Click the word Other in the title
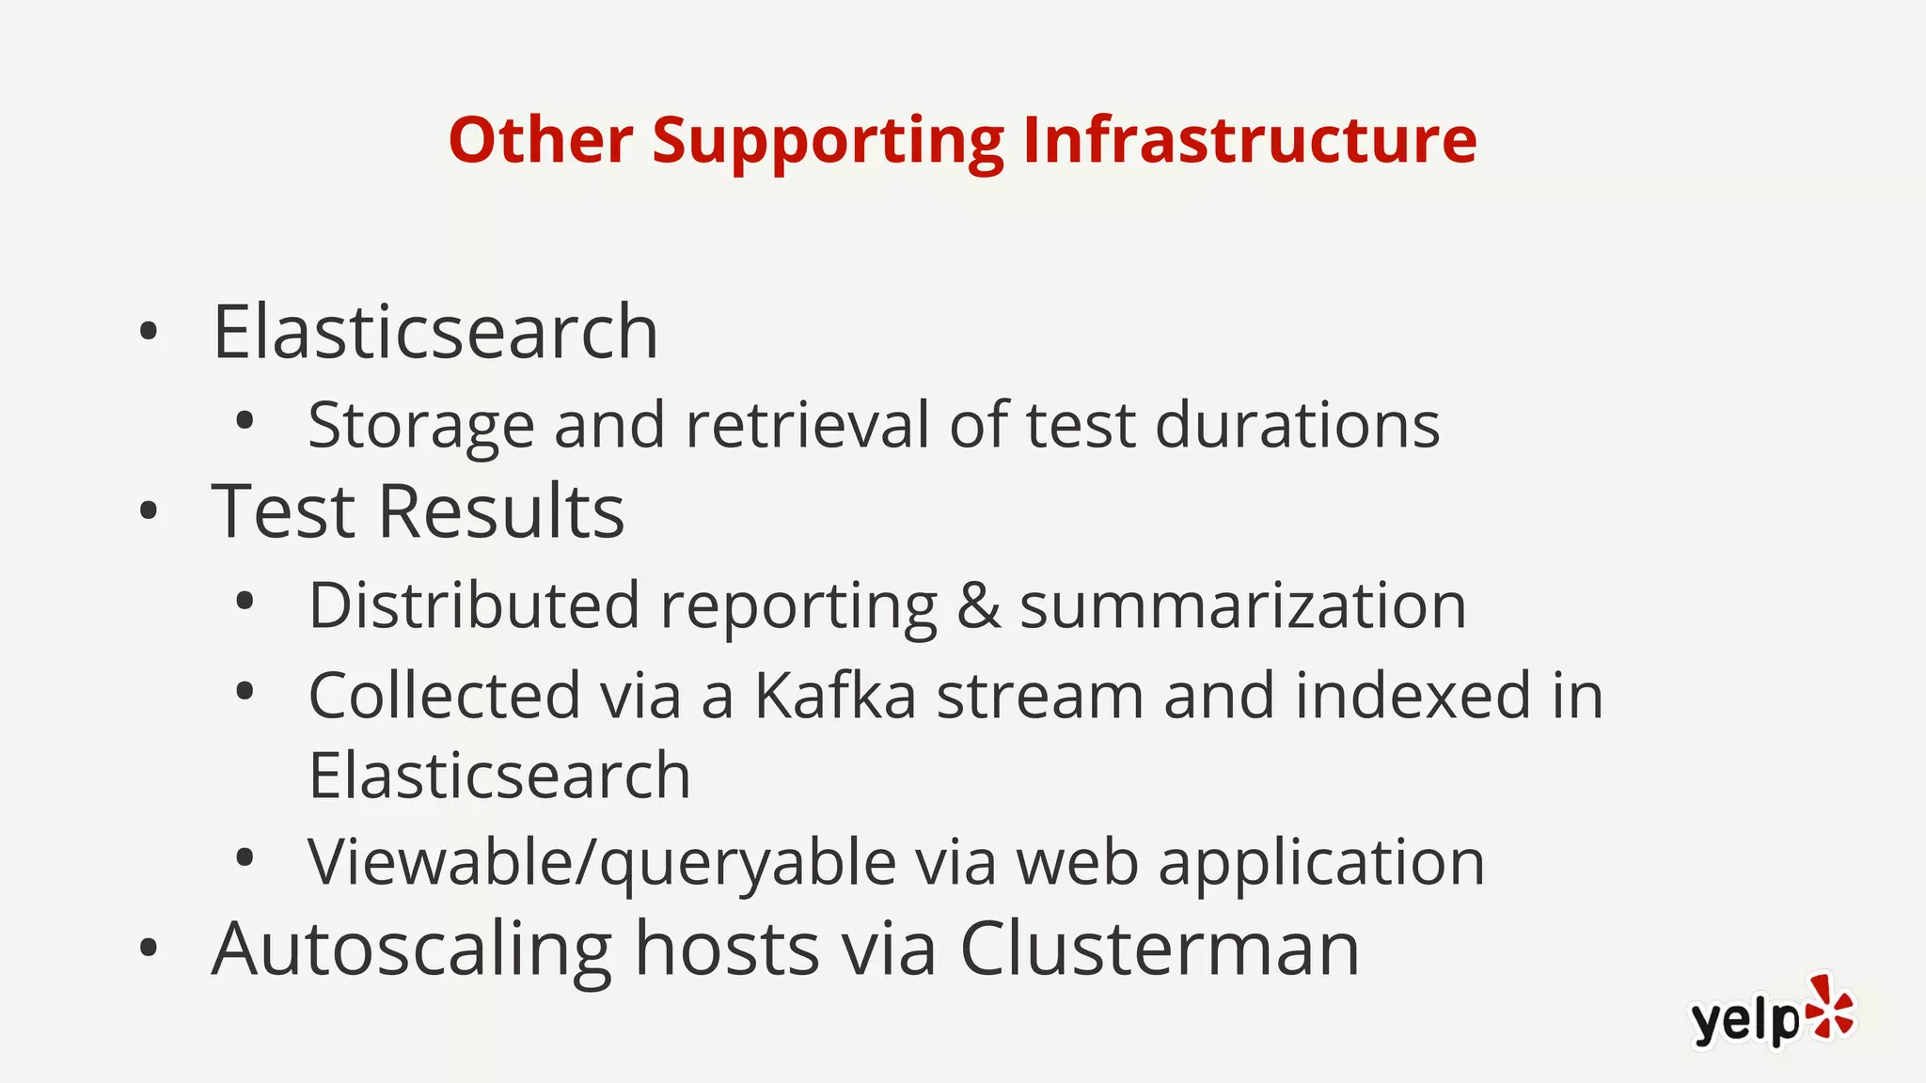pyautogui.click(x=541, y=140)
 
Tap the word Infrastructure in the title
pyautogui.click(x=1249, y=140)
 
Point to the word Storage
pyautogui.click(x=420, y=426)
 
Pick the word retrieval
pyautogui.click(x=808, y=424)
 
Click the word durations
pyautogui.click(x=1297, y=424)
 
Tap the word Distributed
pyautogui.click(x=474, y=604)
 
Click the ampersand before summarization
pyautogui.click(x=978, y=604)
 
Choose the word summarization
pyautogui.click(x=1242, y=604)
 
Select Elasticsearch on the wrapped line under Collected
pyautogui.click(x=499, y=776)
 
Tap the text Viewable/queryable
pyautogui.click(x=602, y=862)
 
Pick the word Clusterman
pyautogui.click(x=1159, y=949)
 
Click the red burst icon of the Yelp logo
pyautogui.click(x=1829, y=1007)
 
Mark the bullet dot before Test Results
pyautogui.click(x=148, y=511)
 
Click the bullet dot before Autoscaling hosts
pyautogui.click(x=148, y=949)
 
